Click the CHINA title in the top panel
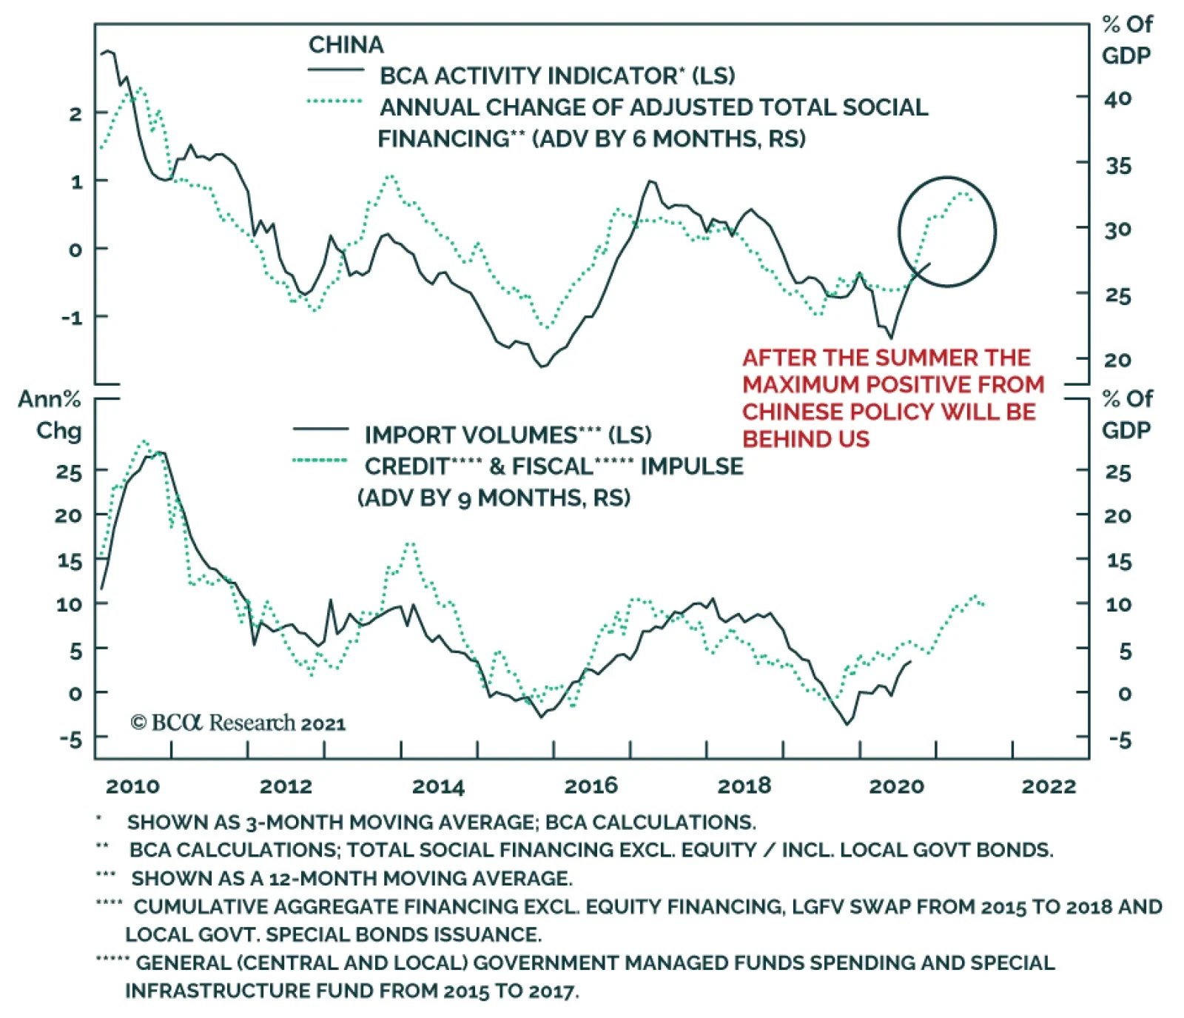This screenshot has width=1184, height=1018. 346,44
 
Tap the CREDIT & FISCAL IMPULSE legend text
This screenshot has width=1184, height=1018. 554,466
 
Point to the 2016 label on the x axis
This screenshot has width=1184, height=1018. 591,786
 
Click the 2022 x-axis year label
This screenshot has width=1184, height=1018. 1049,786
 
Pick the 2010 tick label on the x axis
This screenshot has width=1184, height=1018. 132,786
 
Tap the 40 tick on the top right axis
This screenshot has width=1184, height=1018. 1117,98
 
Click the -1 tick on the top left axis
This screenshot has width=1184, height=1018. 73,318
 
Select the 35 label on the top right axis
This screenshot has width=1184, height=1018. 1118,166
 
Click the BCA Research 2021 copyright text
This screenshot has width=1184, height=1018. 238,723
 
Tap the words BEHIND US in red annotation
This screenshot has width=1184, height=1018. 806,439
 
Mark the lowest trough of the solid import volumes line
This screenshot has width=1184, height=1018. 847,723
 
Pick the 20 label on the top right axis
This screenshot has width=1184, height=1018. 1117,361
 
